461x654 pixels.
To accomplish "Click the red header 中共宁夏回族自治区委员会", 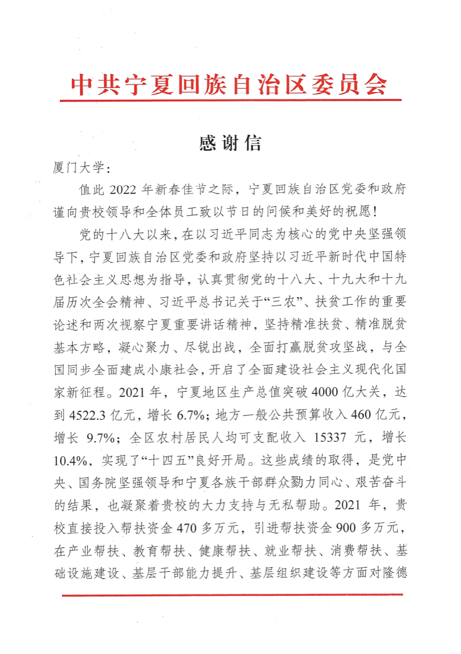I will pyautogui.click(x=229, y=85).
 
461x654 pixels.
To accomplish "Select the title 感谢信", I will pyautogui.click(x=230, y=143).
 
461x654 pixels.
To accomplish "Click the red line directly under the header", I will pyautogui.click(x=230, y=100).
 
